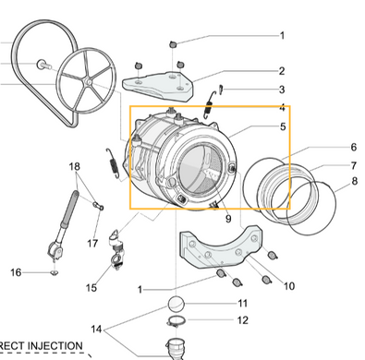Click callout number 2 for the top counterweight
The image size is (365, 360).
tap(282, 71)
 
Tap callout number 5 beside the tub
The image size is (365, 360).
tap(283, 126)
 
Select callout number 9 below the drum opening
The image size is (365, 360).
tap(228, 219)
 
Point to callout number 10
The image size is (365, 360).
tap(289, 286)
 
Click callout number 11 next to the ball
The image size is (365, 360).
tap(243, 304)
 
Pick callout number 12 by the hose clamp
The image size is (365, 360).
tap(243, 320)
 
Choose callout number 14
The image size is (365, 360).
tap(96, 330)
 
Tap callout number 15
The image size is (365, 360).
tap(91, 288)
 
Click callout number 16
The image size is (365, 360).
tap(16, 272)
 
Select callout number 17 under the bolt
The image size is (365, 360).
tap(92, 244)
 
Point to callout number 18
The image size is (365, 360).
tap(74, 167)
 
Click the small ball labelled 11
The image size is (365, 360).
tap(176, 305)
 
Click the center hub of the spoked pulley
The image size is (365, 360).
tap(88, 82)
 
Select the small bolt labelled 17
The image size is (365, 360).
tap(98, 206)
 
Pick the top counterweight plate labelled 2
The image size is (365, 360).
tap(158, 87)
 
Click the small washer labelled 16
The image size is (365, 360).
tap(55, 272)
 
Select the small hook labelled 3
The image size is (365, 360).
tap(221, 90)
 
